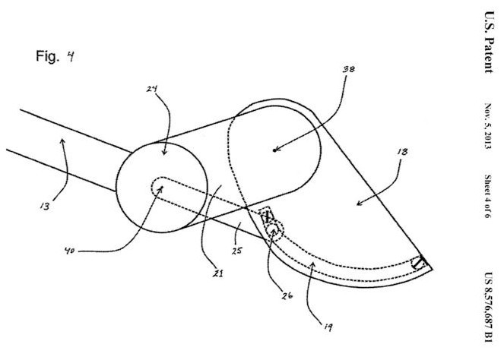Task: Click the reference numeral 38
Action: pos(349,69)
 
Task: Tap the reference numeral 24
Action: pos(152,89)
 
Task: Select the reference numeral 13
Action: pos(45,207)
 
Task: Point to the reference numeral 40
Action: pos(69,251)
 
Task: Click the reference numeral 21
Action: pos(218,273)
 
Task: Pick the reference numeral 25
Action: pos(236,251)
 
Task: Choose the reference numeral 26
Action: pos(287,296)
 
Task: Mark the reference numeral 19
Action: pos(328,327)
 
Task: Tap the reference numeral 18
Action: pos(402,152)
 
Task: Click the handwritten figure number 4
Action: pos(70,56)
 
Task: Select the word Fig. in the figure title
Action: pos(48,56)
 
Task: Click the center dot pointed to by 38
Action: pos(274,150)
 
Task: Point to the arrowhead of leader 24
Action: pos(164,152)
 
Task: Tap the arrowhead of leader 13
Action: pos(63,141)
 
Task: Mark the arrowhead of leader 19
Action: pos(312,264)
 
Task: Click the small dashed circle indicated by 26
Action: pos(274,230)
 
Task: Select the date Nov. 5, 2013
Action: pos(487,126)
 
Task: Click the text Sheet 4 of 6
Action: pos(487,196)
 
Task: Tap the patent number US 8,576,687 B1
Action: pos(488,307)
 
